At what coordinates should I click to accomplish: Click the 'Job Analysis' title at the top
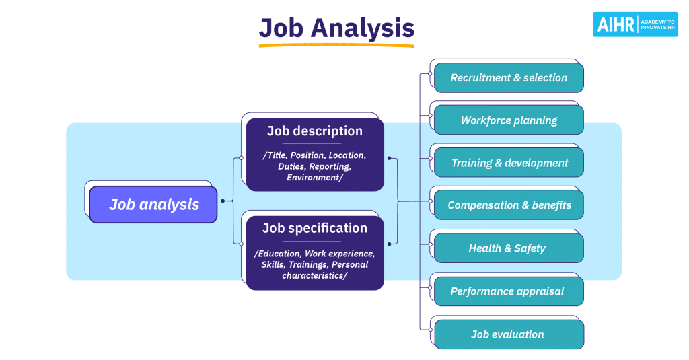pyautogui.click(x=336, y=28)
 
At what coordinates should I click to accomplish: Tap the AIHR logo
pyautogui.click(x=635, y=24)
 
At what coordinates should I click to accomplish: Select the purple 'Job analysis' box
pyautogui.click(x=153, y=205)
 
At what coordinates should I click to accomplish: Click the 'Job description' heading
pyautogui.click(x=315, y=131)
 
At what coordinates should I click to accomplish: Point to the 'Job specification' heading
pyautogui.click(x=315, y=228)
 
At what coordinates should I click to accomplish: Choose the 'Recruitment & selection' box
pyautogui.click(x=509, y=78)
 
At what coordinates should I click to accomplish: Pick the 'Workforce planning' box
pyautogui.click(x=509, y=120)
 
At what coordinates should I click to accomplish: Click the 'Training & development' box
pyautogui.click(x=509, y=163)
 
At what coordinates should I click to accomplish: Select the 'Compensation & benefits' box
pyautogui.click(x=509, y=205)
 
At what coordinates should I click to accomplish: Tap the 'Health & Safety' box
pyautogui.click(x=509, y=248)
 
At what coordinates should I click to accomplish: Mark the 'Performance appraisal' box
pyautogui.click(x=509, y=291)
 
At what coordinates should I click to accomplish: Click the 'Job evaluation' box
pyautogui.click(x=509, y=334)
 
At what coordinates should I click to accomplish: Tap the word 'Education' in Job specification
pyautogui.click(x=278, y=254)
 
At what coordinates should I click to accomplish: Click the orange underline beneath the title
pyautogui.click(x=336, y=45)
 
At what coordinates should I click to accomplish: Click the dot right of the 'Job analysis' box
pyautogui.click(x=223, y=201)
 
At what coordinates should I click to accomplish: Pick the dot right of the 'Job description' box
pyautogui.click(x=390, y=158)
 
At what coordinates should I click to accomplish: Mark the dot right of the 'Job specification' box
pyautogui.click(x=390, y=244)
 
